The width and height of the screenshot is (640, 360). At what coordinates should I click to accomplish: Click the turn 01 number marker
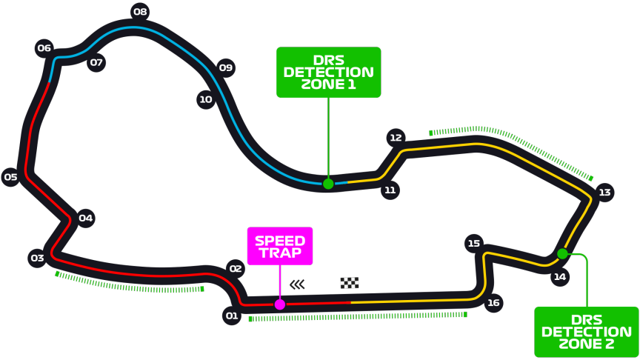(232, 316)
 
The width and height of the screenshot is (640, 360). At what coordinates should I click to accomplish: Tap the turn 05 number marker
(10, 177)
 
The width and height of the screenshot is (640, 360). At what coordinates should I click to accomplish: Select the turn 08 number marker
(140, 12)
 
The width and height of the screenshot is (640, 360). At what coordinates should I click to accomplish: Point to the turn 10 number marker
(206, 100)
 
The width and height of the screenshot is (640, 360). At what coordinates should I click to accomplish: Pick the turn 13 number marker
(604, 193)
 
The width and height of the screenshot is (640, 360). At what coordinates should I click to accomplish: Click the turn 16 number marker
(493, 302)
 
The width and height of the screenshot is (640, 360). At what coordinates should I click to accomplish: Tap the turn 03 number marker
(37, 259)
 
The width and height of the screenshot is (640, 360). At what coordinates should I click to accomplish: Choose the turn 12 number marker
(396, 138)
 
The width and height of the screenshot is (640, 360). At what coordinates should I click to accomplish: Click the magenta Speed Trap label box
(280, 246)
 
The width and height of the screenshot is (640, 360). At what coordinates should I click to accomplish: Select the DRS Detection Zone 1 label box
(328, 73)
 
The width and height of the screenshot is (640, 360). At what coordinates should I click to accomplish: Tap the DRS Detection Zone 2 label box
(587, 332)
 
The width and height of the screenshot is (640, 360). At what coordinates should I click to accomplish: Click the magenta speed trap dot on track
(280, 304)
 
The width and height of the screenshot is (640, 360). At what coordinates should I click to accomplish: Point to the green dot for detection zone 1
(328, 184)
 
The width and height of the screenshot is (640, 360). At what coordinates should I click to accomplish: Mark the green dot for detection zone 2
(562, 254)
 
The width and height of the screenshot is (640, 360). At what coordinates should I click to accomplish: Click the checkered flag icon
(350, 283)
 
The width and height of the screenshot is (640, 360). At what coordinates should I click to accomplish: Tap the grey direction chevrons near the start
(297, 284)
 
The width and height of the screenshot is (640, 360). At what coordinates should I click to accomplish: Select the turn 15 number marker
(474, 244)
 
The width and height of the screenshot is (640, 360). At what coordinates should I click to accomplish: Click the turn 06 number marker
(44, 49)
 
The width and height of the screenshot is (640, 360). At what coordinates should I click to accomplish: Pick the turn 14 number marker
(559, 277)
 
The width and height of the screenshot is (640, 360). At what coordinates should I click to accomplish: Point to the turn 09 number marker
(226, 68)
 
